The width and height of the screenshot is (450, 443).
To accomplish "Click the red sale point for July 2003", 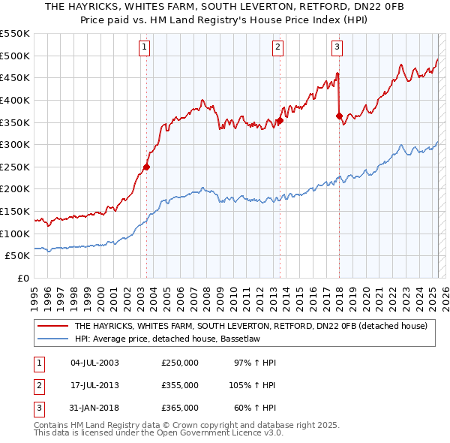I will [x=147, y=167].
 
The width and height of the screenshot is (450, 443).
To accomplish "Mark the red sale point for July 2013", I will [x=280, y=120].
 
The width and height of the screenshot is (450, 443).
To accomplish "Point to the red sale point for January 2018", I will [x=339, y=116].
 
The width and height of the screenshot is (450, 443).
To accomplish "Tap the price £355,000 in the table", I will [x=179, y=385].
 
